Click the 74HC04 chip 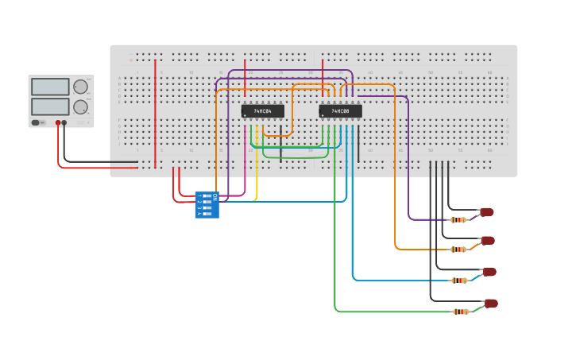point(262,111)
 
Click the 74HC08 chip point(340,111)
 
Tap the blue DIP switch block point(207,204)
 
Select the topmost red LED point(486,212)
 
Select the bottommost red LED point(491,304)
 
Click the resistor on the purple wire point(458,219)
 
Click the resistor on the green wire point(460,312)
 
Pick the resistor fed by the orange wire point(458,250)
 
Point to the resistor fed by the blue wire point(459,280)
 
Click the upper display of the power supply point(50,87)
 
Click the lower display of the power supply point(50,106)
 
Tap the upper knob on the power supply point(80,87)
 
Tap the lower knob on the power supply point(80,106)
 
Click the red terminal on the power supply point(58,123)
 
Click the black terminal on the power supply point(64,123)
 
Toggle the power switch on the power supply point(36,123)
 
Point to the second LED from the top point(487,241)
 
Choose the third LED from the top point(489,272)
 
